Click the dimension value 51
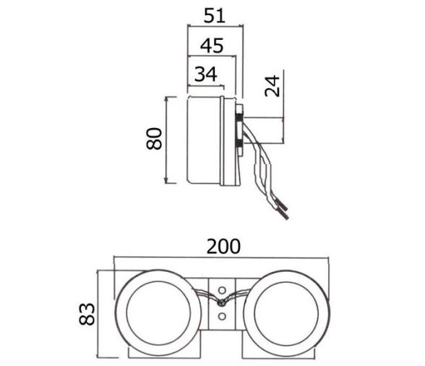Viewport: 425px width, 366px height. [215, 16]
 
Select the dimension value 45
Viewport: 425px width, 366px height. [212, 46]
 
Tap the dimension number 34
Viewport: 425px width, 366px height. [206, 74]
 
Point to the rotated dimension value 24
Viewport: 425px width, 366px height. [272, 86]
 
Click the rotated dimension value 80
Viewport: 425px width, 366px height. [154, 138]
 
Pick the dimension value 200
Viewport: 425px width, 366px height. [223, 247]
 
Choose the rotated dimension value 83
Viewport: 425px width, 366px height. [87, 314]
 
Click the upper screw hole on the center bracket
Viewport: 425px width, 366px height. [222, 290]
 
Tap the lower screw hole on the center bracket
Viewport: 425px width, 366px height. [222, 316]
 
